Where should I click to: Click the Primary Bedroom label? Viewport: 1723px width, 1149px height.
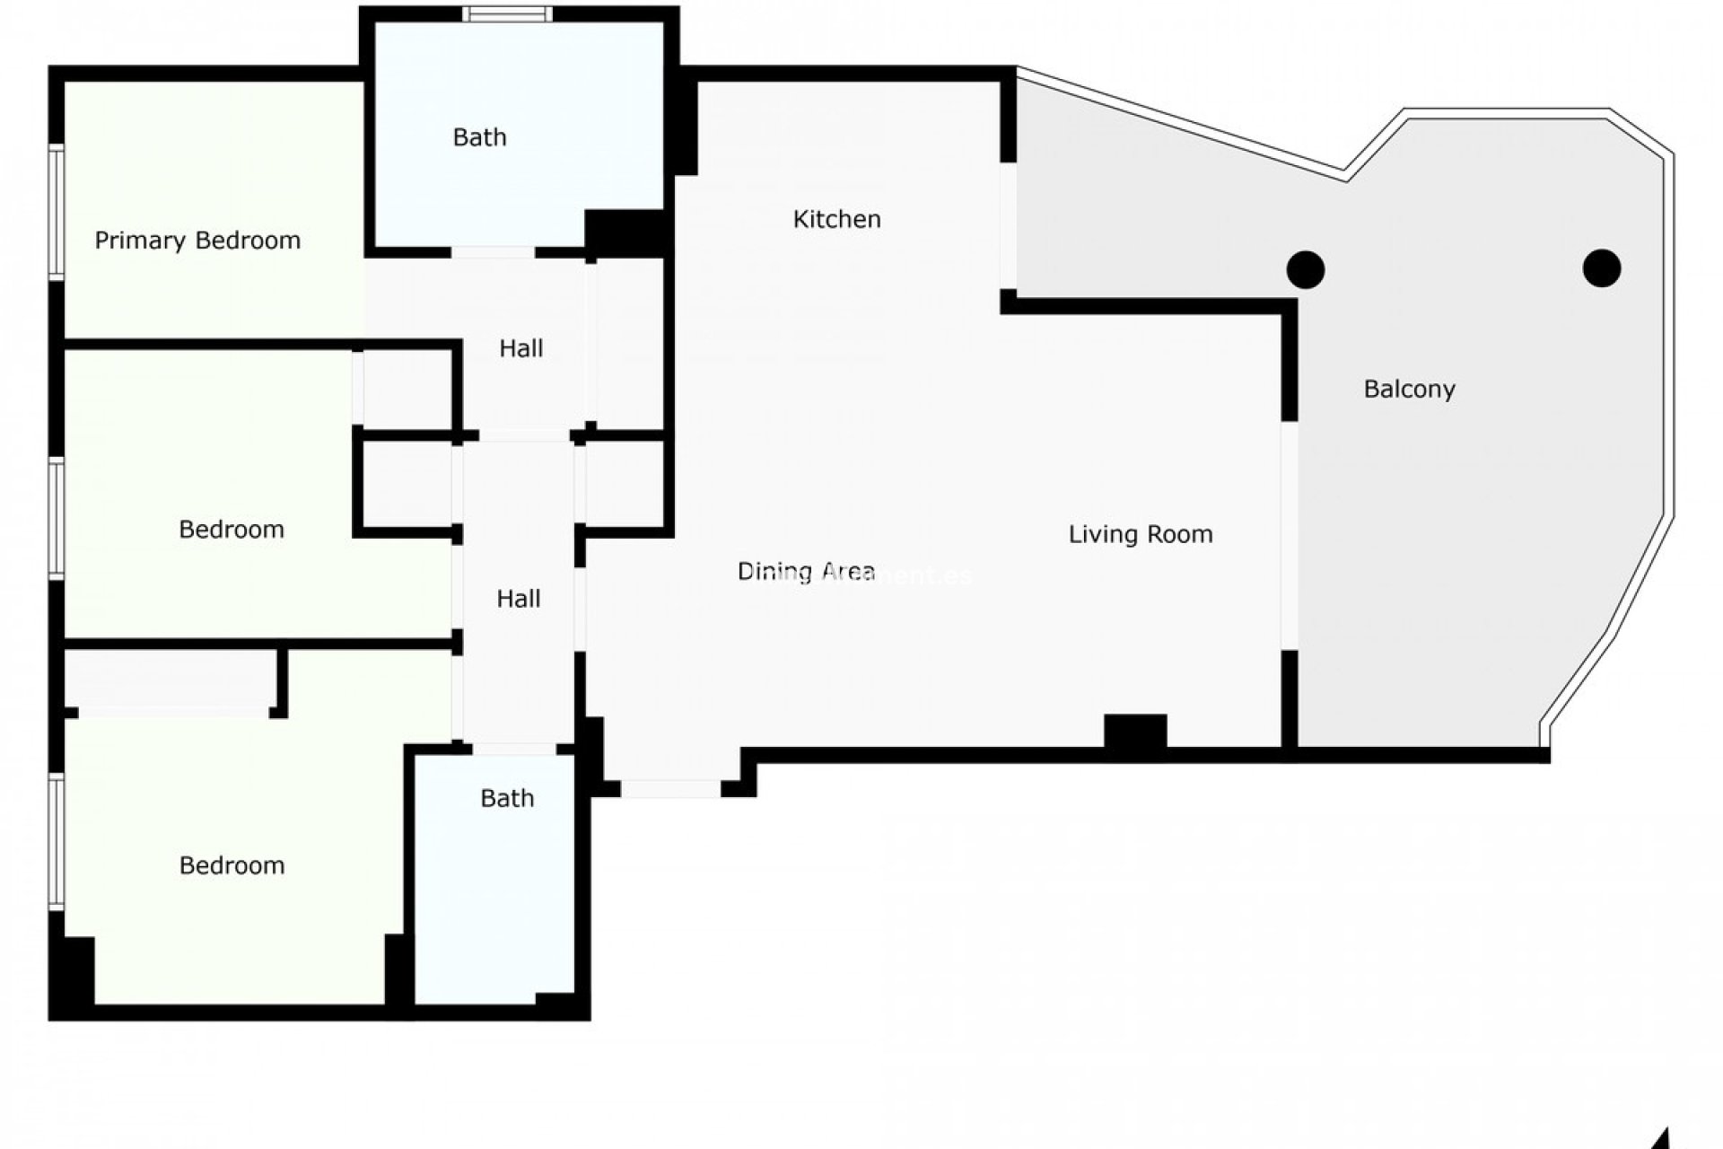[197, 241]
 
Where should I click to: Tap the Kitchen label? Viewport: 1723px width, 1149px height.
[836, 219]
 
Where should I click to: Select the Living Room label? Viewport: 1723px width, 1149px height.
[1140, 535]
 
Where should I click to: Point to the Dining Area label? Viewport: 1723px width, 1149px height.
[806, 572]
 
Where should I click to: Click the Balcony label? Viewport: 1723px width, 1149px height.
[1409, 390]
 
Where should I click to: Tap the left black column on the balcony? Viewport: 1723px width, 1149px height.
[1306, 269]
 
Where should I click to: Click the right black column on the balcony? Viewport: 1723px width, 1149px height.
[1602, 268]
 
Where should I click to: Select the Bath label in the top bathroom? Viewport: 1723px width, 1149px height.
[479, 137]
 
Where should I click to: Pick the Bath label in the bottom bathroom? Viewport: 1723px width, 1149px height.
[507, 798]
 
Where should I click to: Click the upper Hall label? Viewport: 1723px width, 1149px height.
[520, 348]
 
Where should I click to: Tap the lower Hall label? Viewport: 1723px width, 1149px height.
[519, 599]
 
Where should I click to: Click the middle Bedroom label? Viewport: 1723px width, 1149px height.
[232, 530]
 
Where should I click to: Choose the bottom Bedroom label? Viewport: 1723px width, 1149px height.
[232, 865]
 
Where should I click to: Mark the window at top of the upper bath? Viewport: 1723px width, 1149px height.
[508, 13]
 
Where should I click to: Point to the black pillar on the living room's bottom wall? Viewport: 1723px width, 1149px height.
[1135, 732]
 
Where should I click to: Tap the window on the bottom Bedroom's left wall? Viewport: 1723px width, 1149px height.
[56, 842]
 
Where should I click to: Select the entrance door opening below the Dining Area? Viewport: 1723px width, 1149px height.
[670, 789]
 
